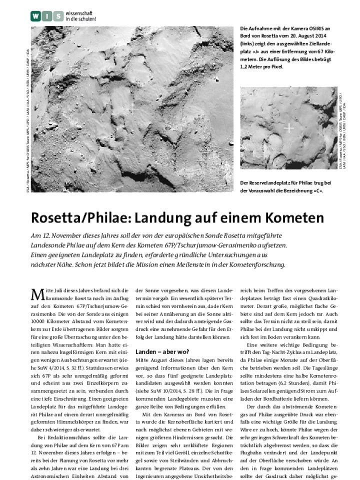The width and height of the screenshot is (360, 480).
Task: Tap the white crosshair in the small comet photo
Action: [x=288, y=128]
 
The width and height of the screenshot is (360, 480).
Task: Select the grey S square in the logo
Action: [x=58, y=17]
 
